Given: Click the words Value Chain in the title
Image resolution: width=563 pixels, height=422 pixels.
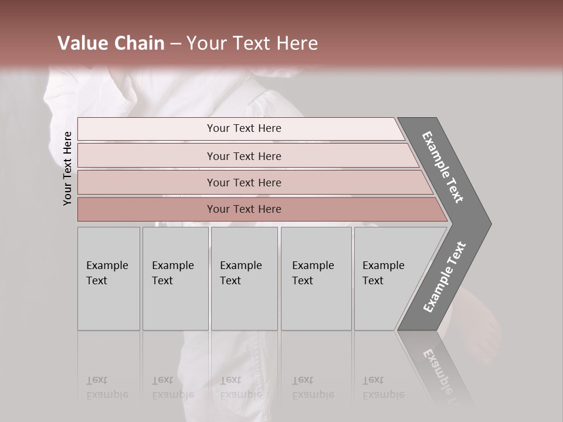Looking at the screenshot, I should [111, 43].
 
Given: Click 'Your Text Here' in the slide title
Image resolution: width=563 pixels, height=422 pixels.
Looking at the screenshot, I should [252, 43].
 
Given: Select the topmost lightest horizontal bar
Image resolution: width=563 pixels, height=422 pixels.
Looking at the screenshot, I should [147, 129].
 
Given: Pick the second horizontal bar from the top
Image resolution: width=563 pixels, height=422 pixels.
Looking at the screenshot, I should [147, 156].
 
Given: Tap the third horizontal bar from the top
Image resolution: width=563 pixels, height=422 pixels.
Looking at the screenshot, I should [147, 182].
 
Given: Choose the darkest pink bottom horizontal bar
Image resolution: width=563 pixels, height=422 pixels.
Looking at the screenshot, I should [147, 209].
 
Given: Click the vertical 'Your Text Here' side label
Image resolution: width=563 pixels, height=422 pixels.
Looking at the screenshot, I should [68, 169].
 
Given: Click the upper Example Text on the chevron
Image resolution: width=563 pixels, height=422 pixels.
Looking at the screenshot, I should [443, 167].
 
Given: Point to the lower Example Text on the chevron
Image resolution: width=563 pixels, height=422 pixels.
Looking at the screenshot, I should [444, 277].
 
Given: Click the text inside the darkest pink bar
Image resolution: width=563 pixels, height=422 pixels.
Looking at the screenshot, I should [244, 209].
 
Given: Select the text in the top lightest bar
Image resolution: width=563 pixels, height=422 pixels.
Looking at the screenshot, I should [244, 128].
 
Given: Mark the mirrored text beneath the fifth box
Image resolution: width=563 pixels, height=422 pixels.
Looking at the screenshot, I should [383, 387].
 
